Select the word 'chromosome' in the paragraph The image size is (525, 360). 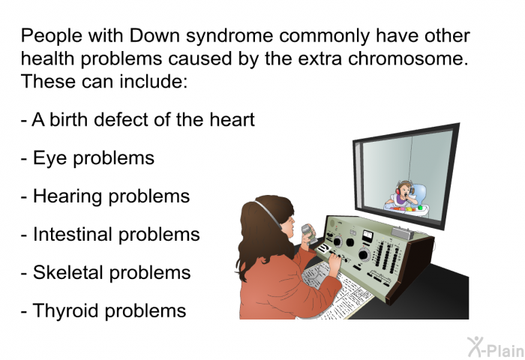[408, 58]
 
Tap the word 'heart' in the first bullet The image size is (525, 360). [232, 119]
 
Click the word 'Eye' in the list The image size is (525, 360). [49, 159]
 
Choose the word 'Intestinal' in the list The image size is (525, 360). [72, 234]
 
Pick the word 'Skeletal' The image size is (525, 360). [67, 272]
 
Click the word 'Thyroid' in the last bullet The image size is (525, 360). [66, 311]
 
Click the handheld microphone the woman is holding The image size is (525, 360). [308, 232]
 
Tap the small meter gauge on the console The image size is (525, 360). [367, 236]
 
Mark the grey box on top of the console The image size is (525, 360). [403, 233]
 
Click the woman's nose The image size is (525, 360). [293, 220]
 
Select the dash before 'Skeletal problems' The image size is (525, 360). [24, 273]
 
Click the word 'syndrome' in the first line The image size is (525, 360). [229, 36]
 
